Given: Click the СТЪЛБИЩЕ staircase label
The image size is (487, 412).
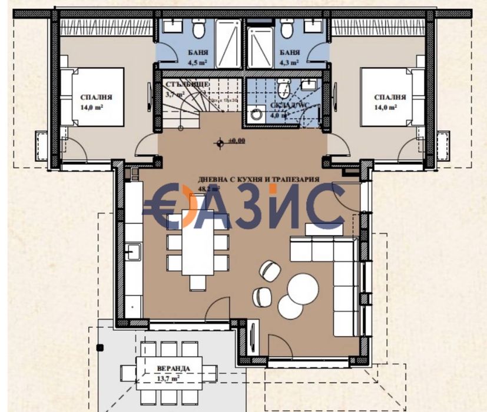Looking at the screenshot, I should [x=185, y=84].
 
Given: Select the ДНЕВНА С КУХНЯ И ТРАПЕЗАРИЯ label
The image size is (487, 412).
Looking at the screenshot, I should [x=259, y=180].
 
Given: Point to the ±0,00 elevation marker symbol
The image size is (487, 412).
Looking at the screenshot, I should [x=219, y=142].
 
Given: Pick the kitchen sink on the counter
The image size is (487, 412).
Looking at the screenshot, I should [x=133, y=252].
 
